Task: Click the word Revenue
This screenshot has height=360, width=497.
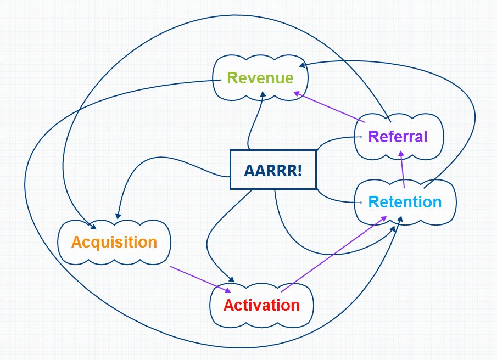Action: click(260, 78)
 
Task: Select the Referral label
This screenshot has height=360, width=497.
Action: click(398, 136)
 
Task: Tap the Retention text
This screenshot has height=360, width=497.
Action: click(405, 202)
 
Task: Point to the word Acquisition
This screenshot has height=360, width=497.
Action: click(114, 241)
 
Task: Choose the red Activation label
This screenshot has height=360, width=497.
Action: click(261, 305)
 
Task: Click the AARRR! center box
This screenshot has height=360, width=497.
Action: click(273, 170)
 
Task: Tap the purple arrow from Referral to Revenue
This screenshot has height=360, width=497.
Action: click(330, 108)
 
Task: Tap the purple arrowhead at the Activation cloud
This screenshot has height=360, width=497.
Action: click(227, 290)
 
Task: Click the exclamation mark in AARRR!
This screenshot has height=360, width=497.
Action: click(299, 170)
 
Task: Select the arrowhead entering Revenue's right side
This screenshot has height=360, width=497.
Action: click(302, 65)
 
